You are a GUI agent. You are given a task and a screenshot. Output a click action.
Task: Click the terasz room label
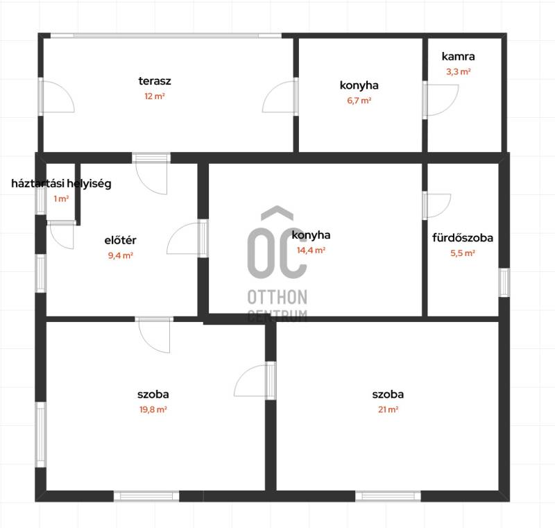155,81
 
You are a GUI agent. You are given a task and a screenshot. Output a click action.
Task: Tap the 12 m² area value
155,96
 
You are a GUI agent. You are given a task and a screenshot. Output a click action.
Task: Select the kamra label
459,56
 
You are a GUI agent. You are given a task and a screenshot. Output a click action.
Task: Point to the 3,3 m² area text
459,72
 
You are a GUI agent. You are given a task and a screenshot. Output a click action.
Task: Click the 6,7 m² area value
359,101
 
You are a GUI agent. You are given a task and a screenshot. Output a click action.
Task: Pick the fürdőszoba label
463,238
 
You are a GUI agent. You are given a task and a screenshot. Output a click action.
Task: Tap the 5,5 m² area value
463,253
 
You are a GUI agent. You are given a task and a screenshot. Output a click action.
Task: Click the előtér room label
120,240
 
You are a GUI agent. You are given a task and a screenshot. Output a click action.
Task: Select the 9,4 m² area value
120,255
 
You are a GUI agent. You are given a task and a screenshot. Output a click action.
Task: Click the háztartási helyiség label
61,184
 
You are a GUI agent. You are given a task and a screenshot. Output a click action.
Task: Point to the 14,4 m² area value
311,250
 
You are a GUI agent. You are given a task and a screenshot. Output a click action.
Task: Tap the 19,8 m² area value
153,409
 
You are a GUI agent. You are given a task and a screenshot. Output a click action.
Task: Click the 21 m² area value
388,409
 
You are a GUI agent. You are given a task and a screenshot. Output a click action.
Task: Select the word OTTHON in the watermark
277,297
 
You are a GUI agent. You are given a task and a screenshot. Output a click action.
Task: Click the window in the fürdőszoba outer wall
504,282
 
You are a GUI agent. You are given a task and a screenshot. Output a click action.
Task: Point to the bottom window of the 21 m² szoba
388,496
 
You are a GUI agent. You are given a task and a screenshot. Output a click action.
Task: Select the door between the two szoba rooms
271,381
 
